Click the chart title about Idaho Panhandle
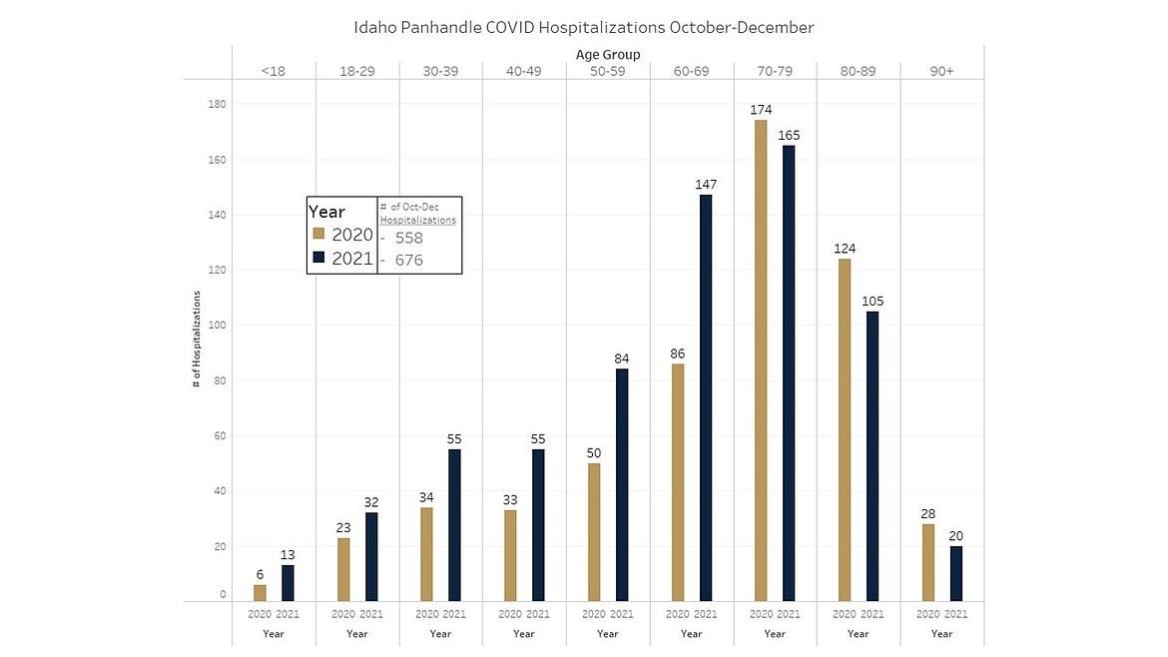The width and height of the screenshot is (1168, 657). [x=584, y=27]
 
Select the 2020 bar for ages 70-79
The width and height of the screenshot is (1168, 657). [x=761, y=360]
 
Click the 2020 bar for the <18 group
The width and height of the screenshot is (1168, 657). [x=260, y=593]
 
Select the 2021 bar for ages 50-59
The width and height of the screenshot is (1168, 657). [x=622, y=484]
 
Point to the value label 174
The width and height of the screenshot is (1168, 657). [x=761, y=109]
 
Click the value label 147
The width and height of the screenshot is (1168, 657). [x=706, y=184]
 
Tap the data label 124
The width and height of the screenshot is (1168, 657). [x=845, y=248]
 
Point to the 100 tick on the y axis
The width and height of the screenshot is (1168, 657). [x=219, y=326]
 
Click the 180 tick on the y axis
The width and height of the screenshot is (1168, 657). [x=219, y=104]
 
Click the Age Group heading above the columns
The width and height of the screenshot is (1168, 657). [x=608, y=54]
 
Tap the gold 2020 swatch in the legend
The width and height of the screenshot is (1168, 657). [x=318, y=234]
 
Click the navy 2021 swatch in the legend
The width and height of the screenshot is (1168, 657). [x=318, y=258]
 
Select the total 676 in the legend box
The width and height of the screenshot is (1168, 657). [x=409, y=261]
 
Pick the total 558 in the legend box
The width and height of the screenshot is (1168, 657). [x=409, y=239]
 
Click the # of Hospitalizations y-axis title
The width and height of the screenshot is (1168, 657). [x=197, y=339]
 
